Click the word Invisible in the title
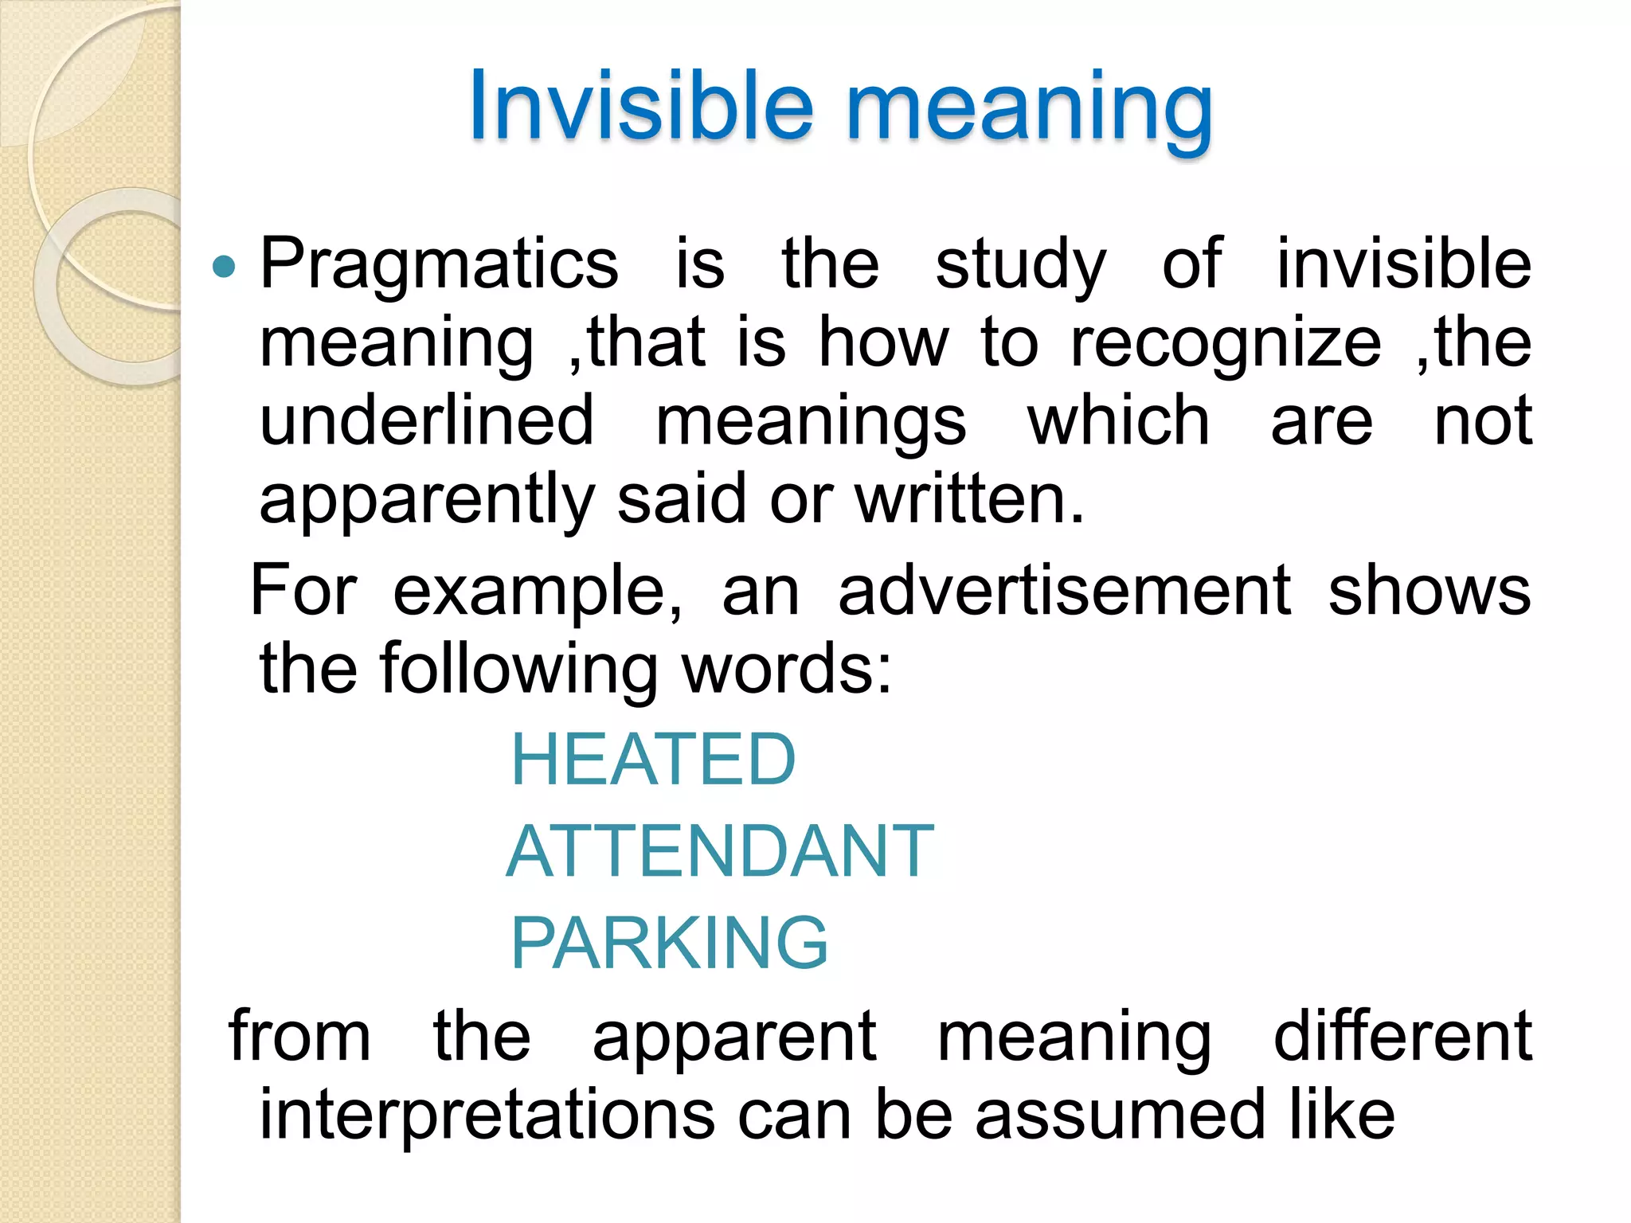[641, 107]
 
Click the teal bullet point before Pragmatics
[225, 266]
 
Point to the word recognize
[1226, 343]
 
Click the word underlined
[427, 420]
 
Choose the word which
[1118, 420]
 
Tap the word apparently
[427, 500]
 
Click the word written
[969, 499]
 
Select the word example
[538, 592]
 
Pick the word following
[518, 670]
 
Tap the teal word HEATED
[653, 760]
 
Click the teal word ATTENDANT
[720, 851]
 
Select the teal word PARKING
[669, 943]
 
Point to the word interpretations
[487, 1115]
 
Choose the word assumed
[1120, 1115]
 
